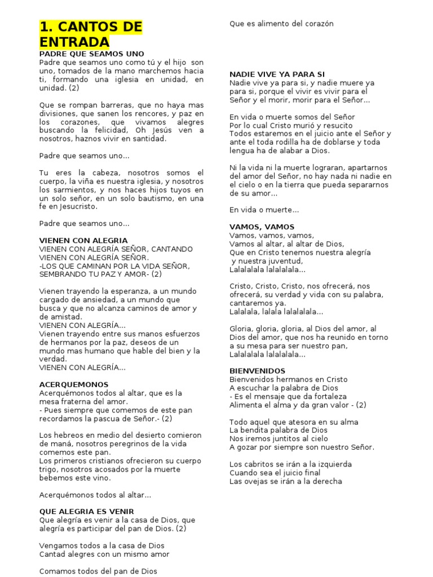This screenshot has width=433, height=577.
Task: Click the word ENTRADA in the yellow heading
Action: coord(74,42)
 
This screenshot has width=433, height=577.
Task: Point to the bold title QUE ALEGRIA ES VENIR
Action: coord(87,511)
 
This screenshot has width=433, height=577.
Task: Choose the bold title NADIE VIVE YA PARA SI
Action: coord(277,74)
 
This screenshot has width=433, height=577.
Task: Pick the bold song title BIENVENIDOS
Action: coord(258,371)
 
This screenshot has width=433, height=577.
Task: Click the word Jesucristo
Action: coord(69,206)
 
